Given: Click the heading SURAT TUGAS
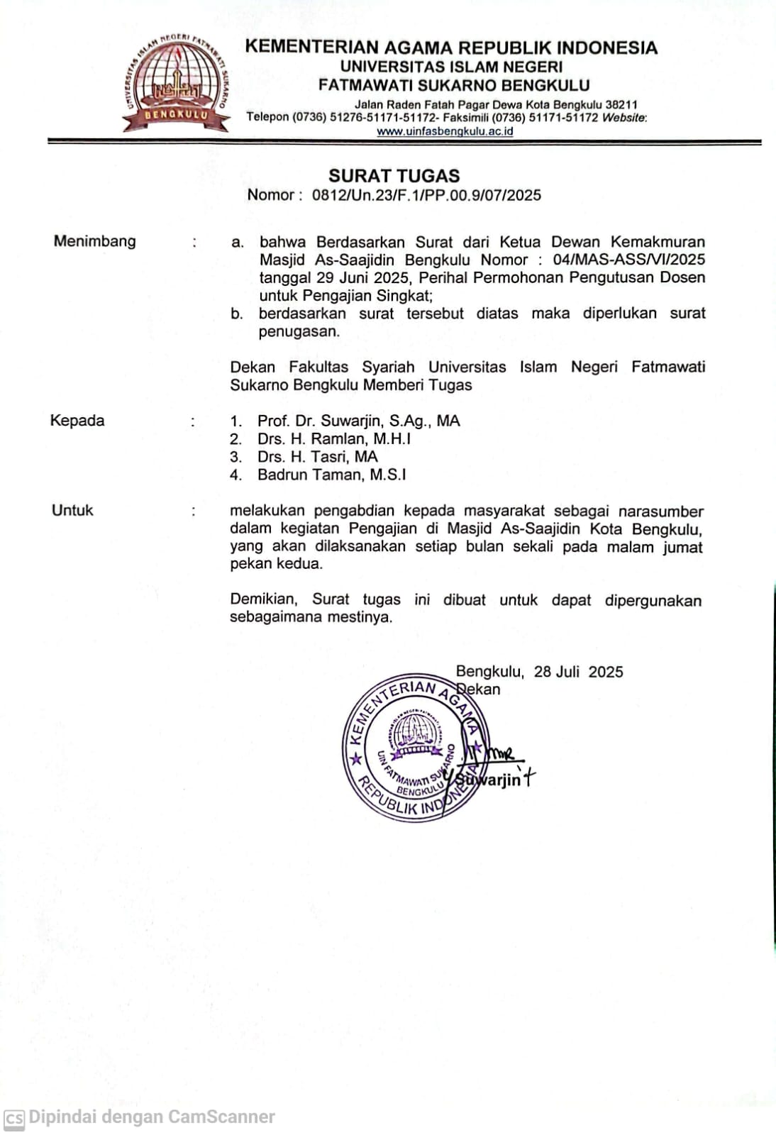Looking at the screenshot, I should tap(394, 176).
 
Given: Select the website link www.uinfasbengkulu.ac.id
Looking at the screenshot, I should tap(445, 131).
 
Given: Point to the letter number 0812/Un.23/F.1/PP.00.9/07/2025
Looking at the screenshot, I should tap(426, 195).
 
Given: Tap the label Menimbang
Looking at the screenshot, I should tap(94, 241).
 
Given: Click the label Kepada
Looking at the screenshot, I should tap(77, 421).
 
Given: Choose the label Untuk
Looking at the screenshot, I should tap(72, 510).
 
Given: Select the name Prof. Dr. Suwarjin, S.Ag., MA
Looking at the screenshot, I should tap(358, 421).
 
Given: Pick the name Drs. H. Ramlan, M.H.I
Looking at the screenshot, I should tap(334, 438).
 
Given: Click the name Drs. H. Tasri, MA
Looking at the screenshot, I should tap(317, 457).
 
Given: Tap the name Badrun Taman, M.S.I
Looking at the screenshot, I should tap(331, 475).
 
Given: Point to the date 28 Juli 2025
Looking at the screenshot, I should tap(578, 672).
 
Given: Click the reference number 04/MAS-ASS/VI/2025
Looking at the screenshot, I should tap(628, 260).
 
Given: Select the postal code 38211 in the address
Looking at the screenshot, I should tap(621, 105).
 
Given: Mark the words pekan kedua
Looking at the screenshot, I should tap(276, 564).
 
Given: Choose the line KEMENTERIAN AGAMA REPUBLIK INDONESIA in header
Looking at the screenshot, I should tap(451, 48).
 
